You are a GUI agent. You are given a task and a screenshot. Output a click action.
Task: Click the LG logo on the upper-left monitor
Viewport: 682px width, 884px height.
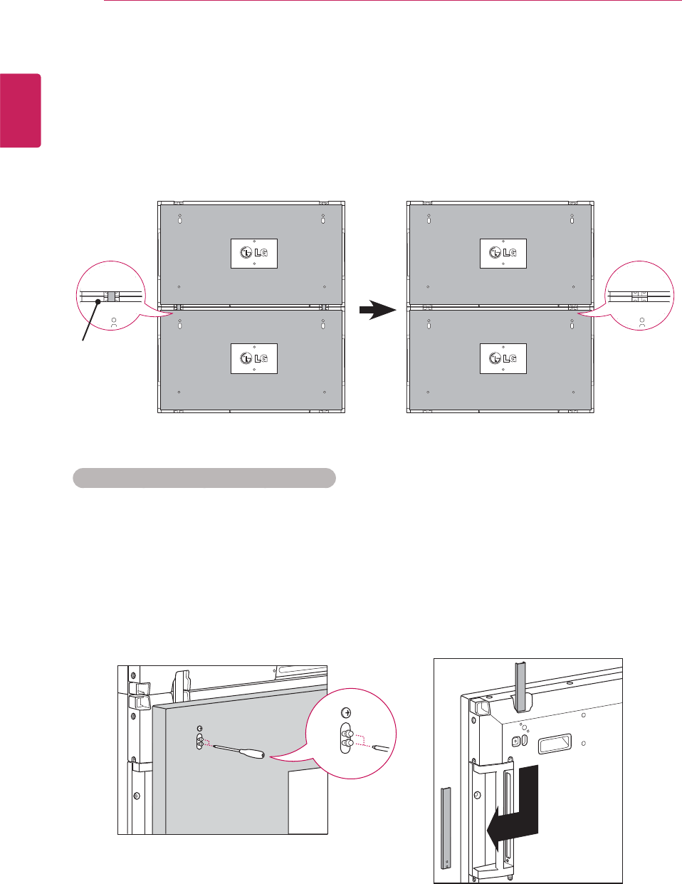point(254,254)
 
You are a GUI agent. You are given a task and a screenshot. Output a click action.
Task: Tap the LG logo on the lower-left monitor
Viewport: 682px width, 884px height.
point(254,358)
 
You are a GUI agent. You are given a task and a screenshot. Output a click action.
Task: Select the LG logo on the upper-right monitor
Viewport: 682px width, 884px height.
point(503,254)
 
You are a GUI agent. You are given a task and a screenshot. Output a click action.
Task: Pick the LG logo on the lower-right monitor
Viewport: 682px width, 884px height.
point(503,358)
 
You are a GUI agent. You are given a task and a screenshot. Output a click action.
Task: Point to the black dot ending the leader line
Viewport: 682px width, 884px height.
point(98,302)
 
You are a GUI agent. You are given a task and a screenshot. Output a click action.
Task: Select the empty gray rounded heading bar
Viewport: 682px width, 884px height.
point(204,478)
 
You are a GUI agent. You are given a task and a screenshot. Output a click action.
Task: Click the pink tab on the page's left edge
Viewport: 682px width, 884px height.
point(20,110)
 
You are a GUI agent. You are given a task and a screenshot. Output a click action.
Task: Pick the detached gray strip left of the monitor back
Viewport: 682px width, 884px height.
point(446,827)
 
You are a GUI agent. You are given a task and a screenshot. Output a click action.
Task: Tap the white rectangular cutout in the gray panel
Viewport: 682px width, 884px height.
point(308,801)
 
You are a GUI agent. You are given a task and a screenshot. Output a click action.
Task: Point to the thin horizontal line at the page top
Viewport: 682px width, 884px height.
point(392,1)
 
